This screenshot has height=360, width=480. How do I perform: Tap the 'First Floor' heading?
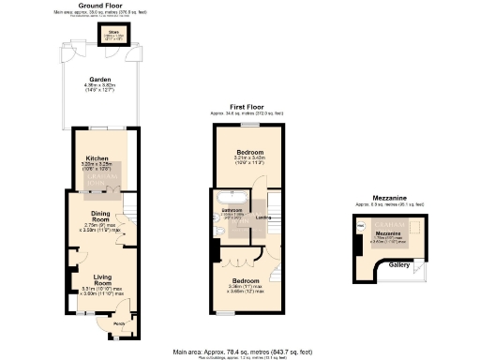pos(249,108)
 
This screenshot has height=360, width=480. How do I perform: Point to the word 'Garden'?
pos(100,80)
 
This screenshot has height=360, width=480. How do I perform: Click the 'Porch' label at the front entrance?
pos(119,325)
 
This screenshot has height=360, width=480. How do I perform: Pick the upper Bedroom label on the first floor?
pos(249,152)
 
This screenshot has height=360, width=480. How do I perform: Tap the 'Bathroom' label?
pos(232,210)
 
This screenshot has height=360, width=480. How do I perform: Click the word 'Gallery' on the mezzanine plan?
pos(398,265)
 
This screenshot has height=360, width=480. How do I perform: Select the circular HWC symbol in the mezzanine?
pos(360,226)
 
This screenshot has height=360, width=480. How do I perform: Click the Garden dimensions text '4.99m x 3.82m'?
pos(100,87)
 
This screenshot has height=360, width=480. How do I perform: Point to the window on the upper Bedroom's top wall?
pos(249,124)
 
